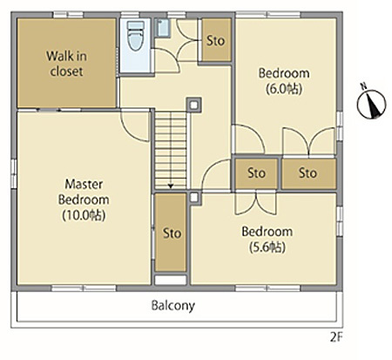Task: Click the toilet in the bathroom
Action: click(x=136, y=36)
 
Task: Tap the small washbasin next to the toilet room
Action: click(x=163, y=28)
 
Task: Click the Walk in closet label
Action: click(x=66, y=64)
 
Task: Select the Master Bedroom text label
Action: click(x=84, y=192)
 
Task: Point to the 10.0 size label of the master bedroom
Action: click(x=84, y=215)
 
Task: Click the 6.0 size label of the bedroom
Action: click(x=284, y=89)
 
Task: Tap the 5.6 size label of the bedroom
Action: click(x=267, y=248)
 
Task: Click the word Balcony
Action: click(x=173, y=306)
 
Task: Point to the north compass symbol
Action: click(x=371, y=104)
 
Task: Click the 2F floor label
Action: click(x=336, y=337)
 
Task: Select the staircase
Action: click(x=171, y=151)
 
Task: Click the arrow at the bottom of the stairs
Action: click(x=171, y=186)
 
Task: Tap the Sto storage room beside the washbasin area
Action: click(x=216, y=40)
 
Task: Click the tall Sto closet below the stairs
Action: click(x=171, y=233)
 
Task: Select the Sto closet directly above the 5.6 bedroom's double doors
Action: click(x=256, y=173)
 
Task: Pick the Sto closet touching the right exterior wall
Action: click(x=309, y=173)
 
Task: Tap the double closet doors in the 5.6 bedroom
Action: click(x=256, y=203)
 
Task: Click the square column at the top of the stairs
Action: click(x=194, y=105)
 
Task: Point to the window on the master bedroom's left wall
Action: click(x=14, y=173)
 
